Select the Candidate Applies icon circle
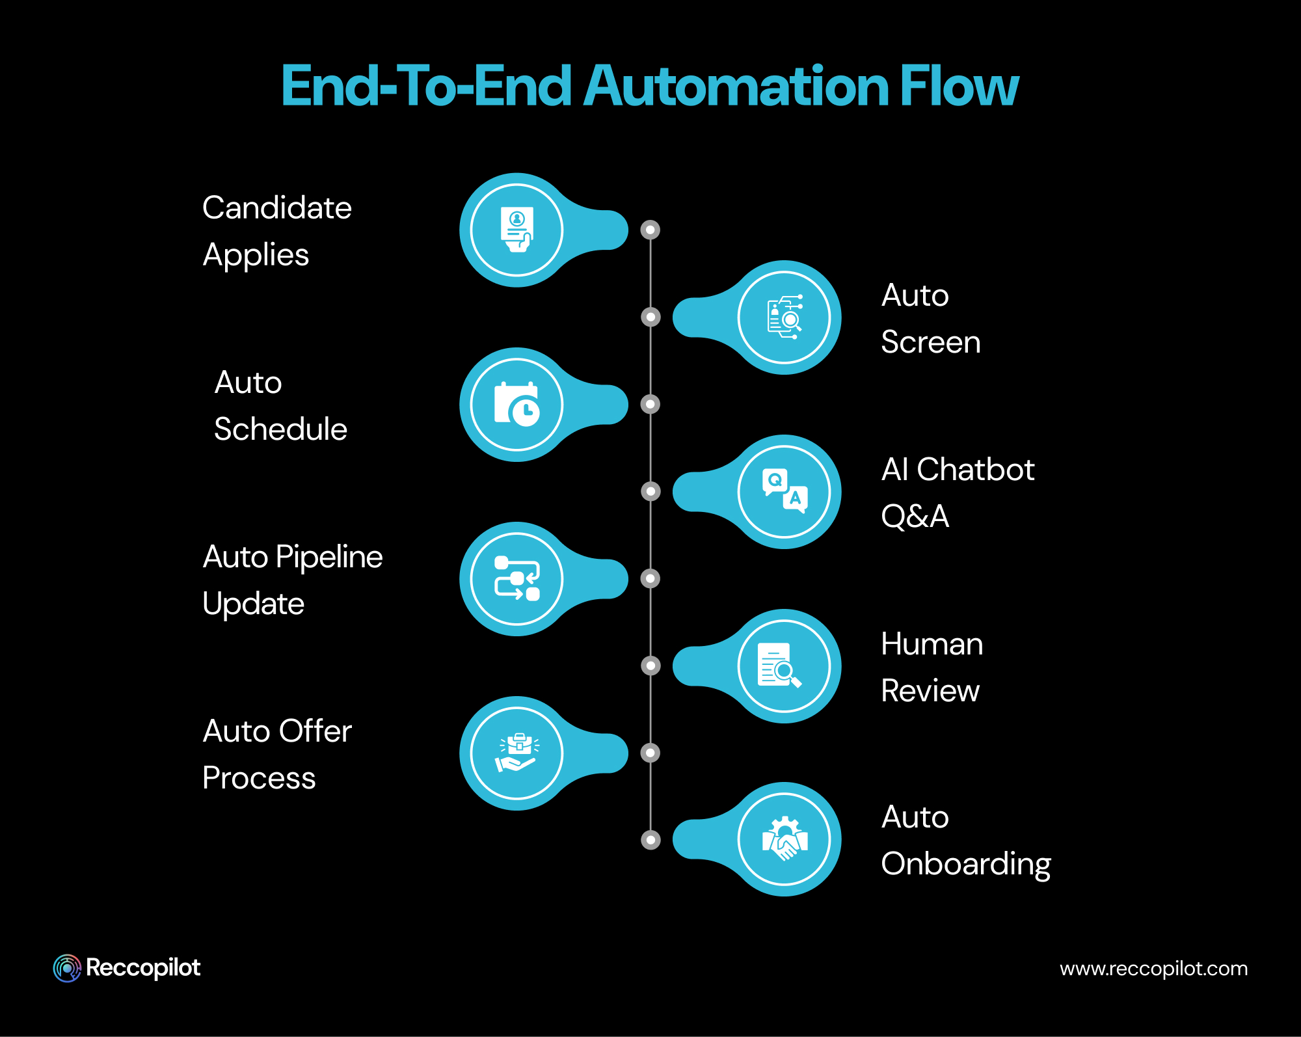pyautogui.click(x=516, y=230)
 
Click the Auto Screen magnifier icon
pyautogui.click(x=785, y=317)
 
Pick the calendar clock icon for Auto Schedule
pyautogui.click(x=516, y=405)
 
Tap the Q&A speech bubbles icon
pyautogui.click(x=785, y=492)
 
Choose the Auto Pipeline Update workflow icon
pyautogui.click(x=516, y=579)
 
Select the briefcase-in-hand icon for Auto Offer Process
pyautogui.click(x=516, y=753)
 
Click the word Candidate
pyautogui.click(x=277, y=208)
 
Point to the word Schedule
pyautogui.click(x=280, y=429)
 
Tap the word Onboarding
pyautogui.click(x=965, y=865)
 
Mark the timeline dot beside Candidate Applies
pyautogui.click(x=650, y=230)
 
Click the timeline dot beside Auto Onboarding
pyautogui.click(x=650, y=840)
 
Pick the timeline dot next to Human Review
pyautogui.click(x=650, y=666)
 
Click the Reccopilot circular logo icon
pyautogui.click(x=67, y=968)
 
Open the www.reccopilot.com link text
pyautogui.click(x=1153, y=969)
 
